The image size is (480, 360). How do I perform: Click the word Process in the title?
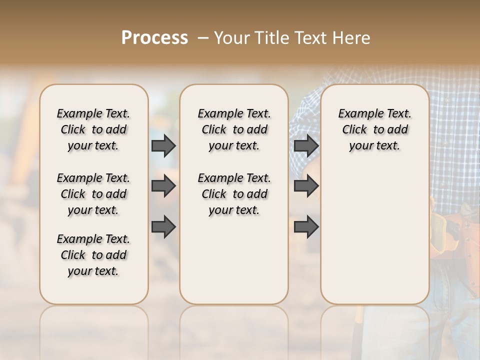coord(154,38)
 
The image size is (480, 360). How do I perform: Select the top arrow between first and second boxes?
coord(163,145)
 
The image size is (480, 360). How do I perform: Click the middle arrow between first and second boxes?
coord(163,186)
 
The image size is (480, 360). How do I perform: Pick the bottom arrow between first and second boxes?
coord(163,226)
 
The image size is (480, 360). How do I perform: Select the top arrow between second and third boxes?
coord(306,145)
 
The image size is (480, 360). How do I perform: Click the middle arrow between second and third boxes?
coord(306,186)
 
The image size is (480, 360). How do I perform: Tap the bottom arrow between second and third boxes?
coord(306,226)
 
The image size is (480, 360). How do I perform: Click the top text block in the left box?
coord(93,129)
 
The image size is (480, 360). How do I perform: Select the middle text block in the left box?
coord(93,194)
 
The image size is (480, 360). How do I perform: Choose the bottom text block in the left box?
coord(93,255)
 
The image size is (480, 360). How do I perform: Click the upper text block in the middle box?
coord(234,129)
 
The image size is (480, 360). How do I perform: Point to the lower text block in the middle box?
coord(234,194)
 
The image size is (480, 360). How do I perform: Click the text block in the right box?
coord(374,129)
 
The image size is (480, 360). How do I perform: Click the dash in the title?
coord(203,38)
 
